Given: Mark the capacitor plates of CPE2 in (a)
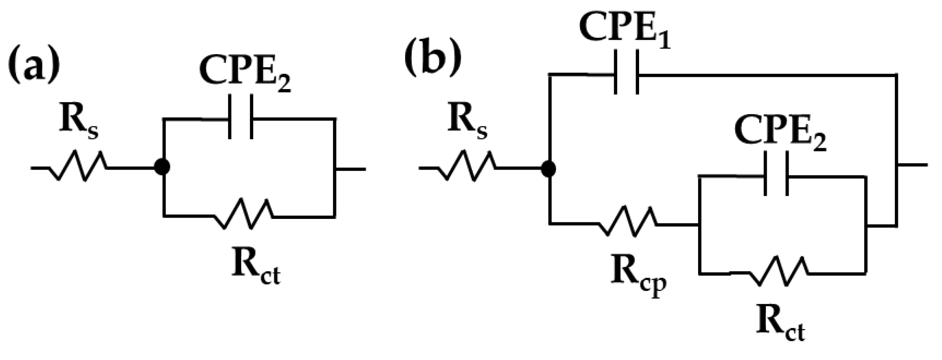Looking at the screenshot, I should click(x=240, y=117).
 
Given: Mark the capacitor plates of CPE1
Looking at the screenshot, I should click(x=626, y=73).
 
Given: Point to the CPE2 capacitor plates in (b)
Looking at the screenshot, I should click(x=776, y=174).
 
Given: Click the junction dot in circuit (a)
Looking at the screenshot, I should click(x=162, y=167).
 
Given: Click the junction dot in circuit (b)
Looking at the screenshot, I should click(x=549, y=168).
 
